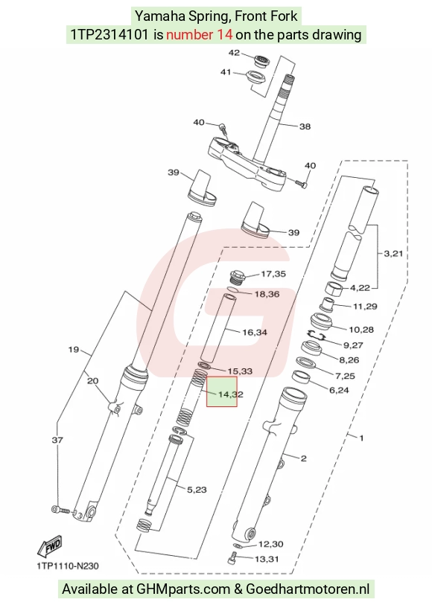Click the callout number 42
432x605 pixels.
coord(234,53)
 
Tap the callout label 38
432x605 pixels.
coord(305,127)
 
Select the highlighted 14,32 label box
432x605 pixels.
coord(222,391)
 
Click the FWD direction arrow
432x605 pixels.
coord(50,546)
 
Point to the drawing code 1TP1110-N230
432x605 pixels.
coord(68,566)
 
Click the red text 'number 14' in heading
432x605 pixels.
coord(199,35)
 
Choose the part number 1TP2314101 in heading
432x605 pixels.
coord(109,35)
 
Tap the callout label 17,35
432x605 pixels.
coord(273,274)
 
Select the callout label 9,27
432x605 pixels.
coord(353,345)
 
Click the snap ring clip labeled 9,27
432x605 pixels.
coord(315,335)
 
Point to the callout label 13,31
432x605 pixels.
coord(267,559)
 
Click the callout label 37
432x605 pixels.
coord(57,440)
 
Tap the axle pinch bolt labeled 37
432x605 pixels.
coord(60,510)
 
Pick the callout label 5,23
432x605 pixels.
coord(197,490)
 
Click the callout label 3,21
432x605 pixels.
coord(393,254)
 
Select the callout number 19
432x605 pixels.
coord(73,350)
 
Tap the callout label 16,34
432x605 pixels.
coord(255,332)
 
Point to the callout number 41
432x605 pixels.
coord(226,72)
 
